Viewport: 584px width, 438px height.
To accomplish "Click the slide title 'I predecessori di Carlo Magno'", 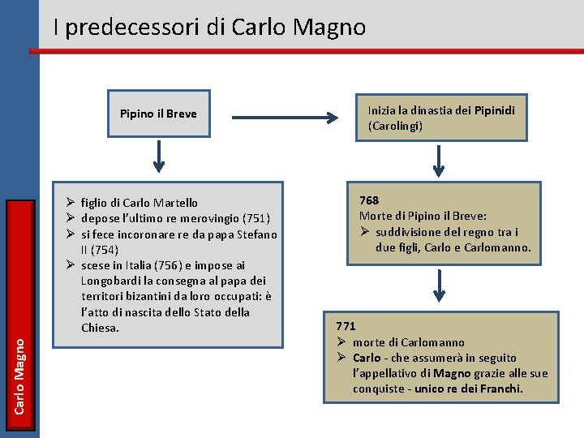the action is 209,28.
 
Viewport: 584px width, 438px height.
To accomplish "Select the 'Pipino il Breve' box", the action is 158,114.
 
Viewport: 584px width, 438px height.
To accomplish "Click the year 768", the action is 369,200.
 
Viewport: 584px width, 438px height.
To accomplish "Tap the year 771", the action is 346,326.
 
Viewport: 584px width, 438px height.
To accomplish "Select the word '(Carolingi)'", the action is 395,126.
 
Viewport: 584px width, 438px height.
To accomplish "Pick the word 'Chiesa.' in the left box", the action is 101,328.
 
